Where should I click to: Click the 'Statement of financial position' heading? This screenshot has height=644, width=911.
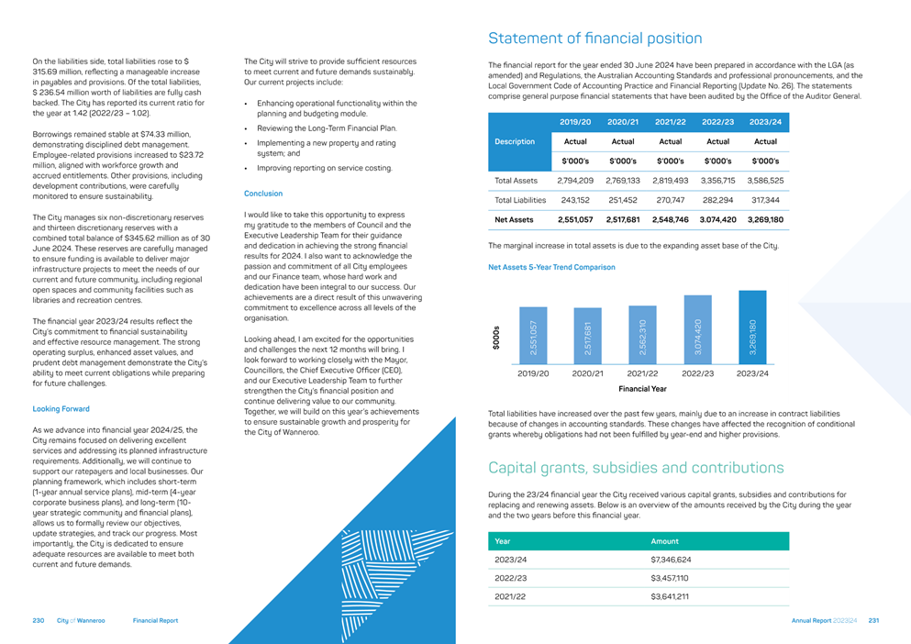click(595, 39)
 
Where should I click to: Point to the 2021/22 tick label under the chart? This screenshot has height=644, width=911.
click(642, 373)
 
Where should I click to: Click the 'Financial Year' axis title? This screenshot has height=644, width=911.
click(642, 389)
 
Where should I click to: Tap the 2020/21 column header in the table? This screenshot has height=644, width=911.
click(623, 122)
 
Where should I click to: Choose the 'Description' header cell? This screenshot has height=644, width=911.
click(515, 142)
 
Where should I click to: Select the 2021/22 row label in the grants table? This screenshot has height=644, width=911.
click(510, 597)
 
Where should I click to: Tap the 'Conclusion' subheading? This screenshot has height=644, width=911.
click(263, 194)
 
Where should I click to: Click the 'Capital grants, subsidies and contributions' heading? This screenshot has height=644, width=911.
click(636, 468)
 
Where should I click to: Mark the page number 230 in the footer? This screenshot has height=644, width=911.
click(39, 621)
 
